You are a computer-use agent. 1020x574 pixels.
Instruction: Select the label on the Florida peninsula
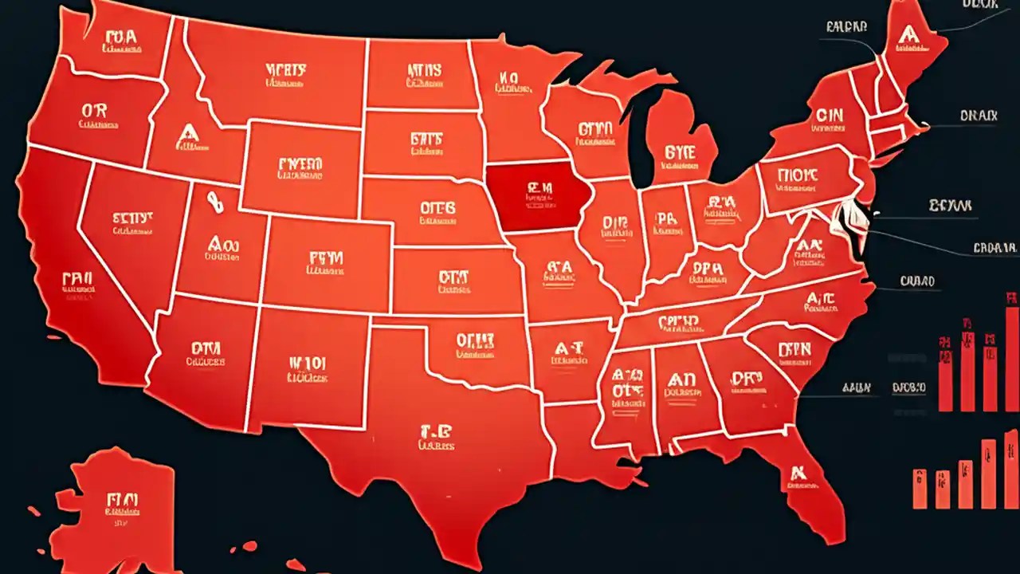(796, 476)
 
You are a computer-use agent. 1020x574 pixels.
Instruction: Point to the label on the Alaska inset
(121, 506)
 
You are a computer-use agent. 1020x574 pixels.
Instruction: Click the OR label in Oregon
(94, 114)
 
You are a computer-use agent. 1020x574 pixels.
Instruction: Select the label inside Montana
(285, 73)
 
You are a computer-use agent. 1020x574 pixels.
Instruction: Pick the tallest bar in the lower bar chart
(1010, 470)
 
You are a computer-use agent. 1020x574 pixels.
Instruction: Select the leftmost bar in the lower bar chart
(920, 489)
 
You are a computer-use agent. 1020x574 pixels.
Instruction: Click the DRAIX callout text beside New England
(978, 116)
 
